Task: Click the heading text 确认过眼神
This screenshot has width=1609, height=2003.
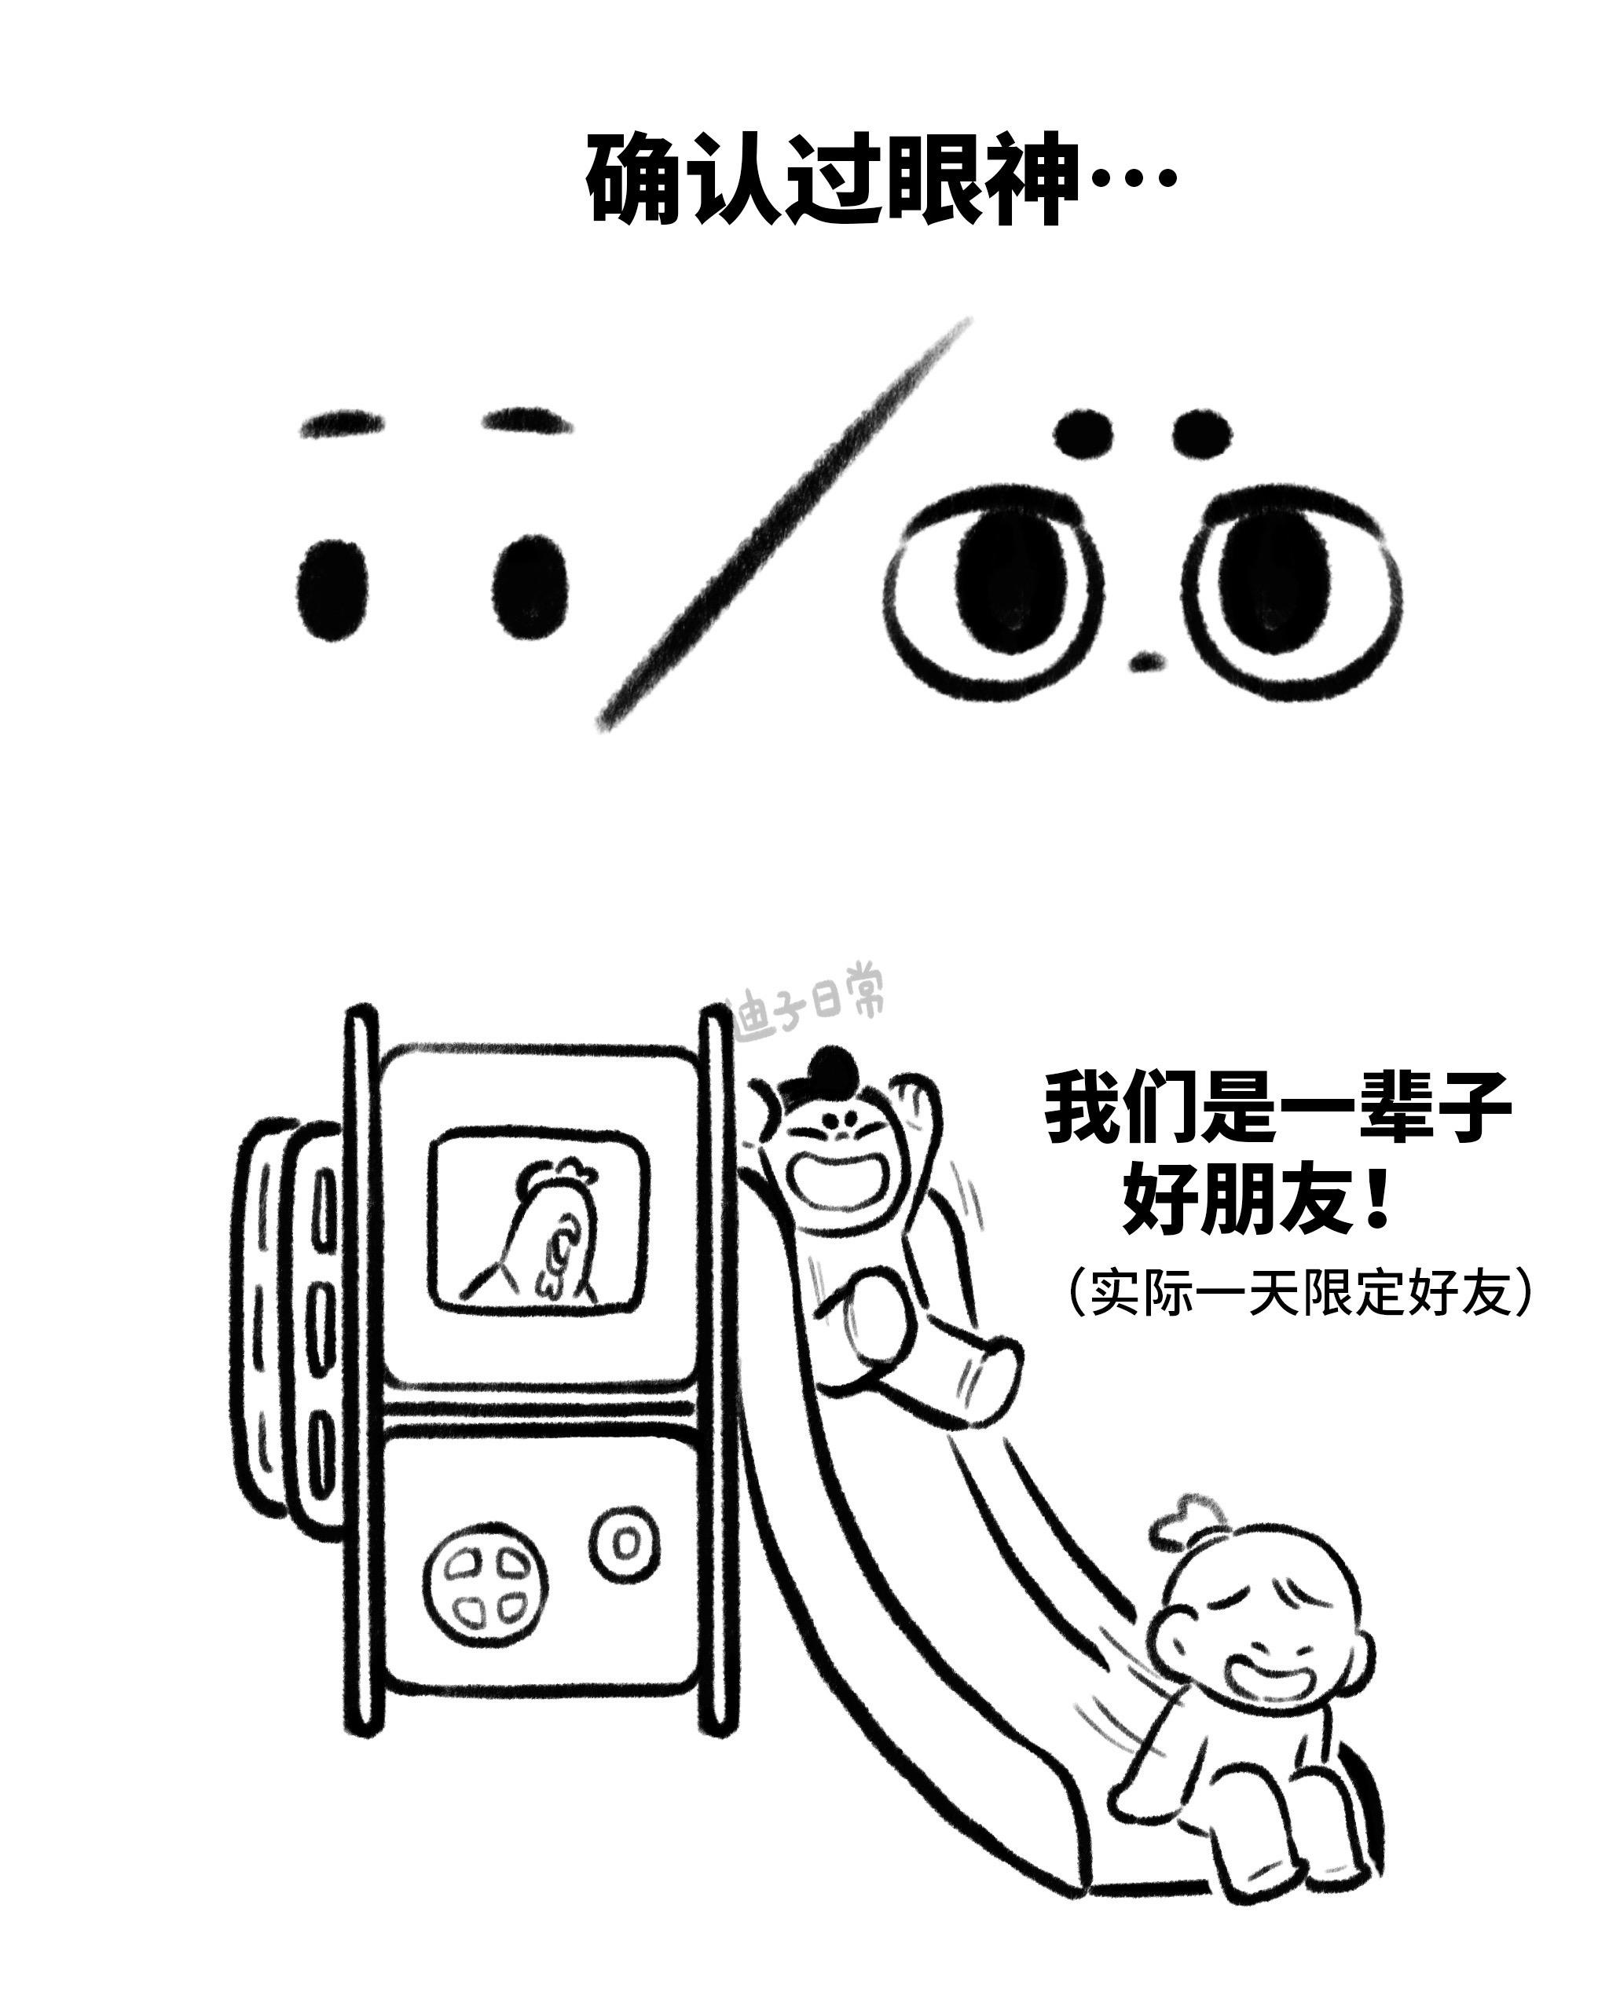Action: (x=832, y=178)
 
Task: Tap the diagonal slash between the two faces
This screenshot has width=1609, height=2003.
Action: (x=785, y=525)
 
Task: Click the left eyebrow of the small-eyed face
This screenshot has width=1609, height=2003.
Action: (x=341, y=426)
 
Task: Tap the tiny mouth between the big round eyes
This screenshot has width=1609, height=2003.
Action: (x=1146, y=661)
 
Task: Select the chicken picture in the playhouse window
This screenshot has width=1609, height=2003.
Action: (x=544, y=1229)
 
